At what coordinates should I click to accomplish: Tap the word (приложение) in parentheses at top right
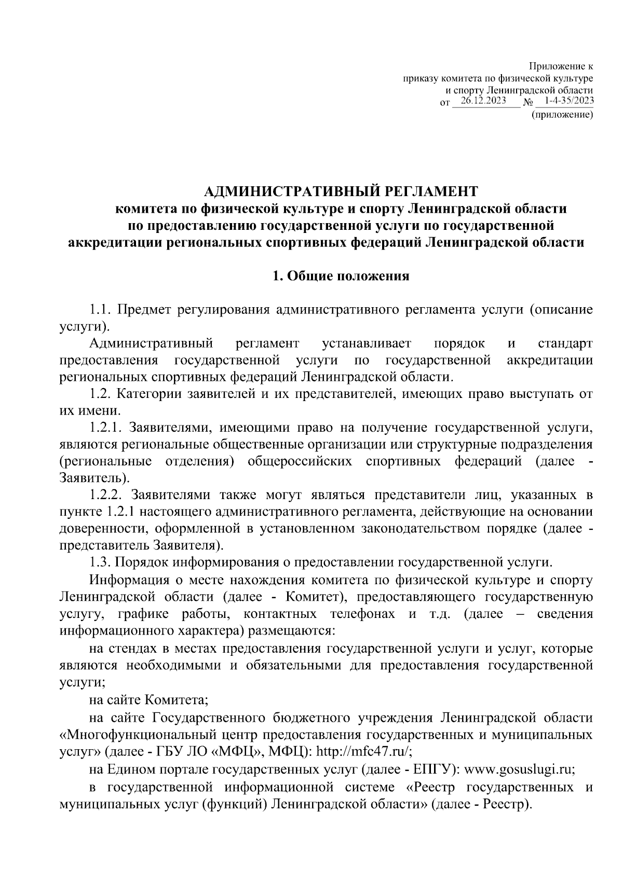click(562, 116)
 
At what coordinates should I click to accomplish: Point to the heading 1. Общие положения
click(341, 276)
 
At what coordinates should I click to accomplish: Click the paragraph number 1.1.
click(101, 311)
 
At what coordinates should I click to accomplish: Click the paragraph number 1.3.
click(101, 562)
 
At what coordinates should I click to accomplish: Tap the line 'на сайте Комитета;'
click(148, 700)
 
